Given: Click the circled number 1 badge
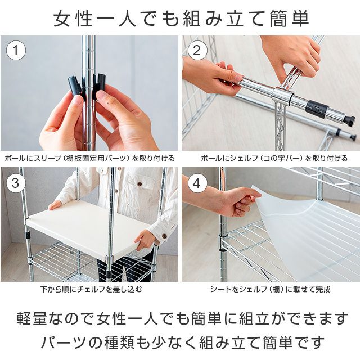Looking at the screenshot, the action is [x=16, y=51].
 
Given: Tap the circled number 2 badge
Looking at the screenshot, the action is [x=197, y=51].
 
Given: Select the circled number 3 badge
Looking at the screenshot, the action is [x=16, y=183].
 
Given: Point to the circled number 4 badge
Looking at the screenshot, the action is [x=197, y=183].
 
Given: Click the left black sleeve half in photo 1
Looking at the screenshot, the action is [x=75, y=85].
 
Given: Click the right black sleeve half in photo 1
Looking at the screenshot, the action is [x=100, y=84].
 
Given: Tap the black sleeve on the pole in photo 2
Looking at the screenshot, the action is [x=317, y=108].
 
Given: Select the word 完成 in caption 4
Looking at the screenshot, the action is [x=323, y=289].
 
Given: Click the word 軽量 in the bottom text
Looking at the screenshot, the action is [x=31, y=318].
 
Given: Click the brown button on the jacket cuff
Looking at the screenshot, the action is [x=164, y=236].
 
